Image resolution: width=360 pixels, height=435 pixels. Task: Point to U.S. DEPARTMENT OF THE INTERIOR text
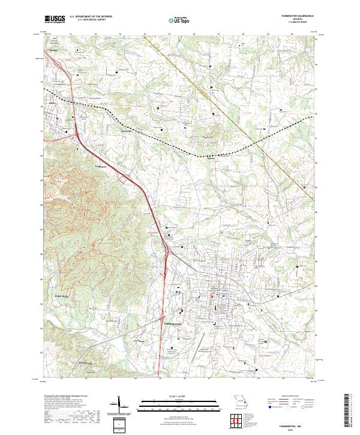(91, 17)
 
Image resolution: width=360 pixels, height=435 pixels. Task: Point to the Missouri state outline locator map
(239, 400)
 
